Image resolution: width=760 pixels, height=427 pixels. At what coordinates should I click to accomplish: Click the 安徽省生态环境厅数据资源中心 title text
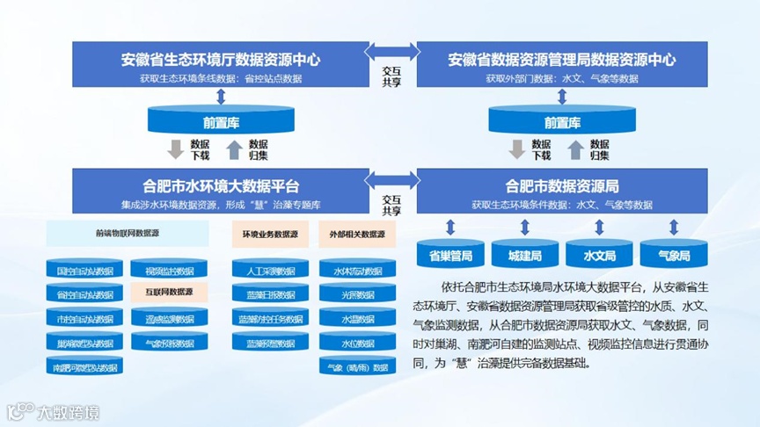[x=220, y=61]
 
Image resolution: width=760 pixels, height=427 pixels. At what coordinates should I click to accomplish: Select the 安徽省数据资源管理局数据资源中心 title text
[x=562, y=61]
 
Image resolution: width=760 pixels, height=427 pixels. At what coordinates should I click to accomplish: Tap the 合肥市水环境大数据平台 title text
[x=220, y=186]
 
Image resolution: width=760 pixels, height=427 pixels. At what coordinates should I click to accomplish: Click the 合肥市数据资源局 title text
[x=562, y=186]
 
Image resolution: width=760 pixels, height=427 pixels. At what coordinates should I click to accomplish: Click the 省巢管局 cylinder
[x=449, y=255]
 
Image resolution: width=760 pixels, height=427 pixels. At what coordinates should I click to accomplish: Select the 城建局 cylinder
[x=524, y=255]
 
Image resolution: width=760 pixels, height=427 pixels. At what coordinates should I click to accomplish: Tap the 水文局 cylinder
[x=599, y=255]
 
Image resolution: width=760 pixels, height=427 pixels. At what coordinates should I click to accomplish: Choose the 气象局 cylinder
[x=673, y=255]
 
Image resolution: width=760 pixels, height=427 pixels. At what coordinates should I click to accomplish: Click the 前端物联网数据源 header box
[x=127, y=234]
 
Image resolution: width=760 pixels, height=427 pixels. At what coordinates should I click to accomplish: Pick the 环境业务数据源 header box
[x=270, y=235]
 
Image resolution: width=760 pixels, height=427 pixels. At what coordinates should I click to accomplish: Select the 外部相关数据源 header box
[x=357, y=235]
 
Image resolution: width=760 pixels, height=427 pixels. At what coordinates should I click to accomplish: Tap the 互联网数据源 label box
[x=169, y=292]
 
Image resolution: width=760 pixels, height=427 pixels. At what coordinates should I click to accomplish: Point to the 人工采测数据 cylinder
[x=270, y=270]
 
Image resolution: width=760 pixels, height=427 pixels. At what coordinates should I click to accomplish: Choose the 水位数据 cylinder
[x=357, y=342]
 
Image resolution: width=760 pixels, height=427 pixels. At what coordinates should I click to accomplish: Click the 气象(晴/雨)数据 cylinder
[x=357, y=366]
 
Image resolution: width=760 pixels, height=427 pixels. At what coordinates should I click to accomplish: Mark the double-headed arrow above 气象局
[x=673, y=227]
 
